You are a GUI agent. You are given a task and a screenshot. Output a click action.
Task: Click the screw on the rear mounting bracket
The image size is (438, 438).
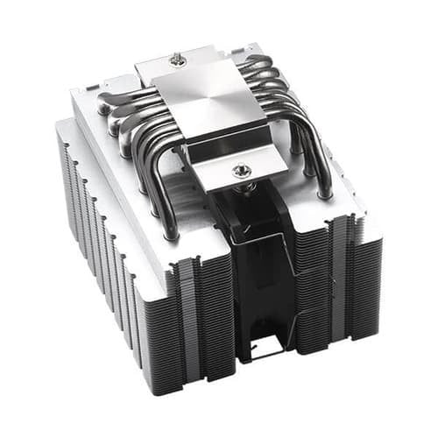179,60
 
